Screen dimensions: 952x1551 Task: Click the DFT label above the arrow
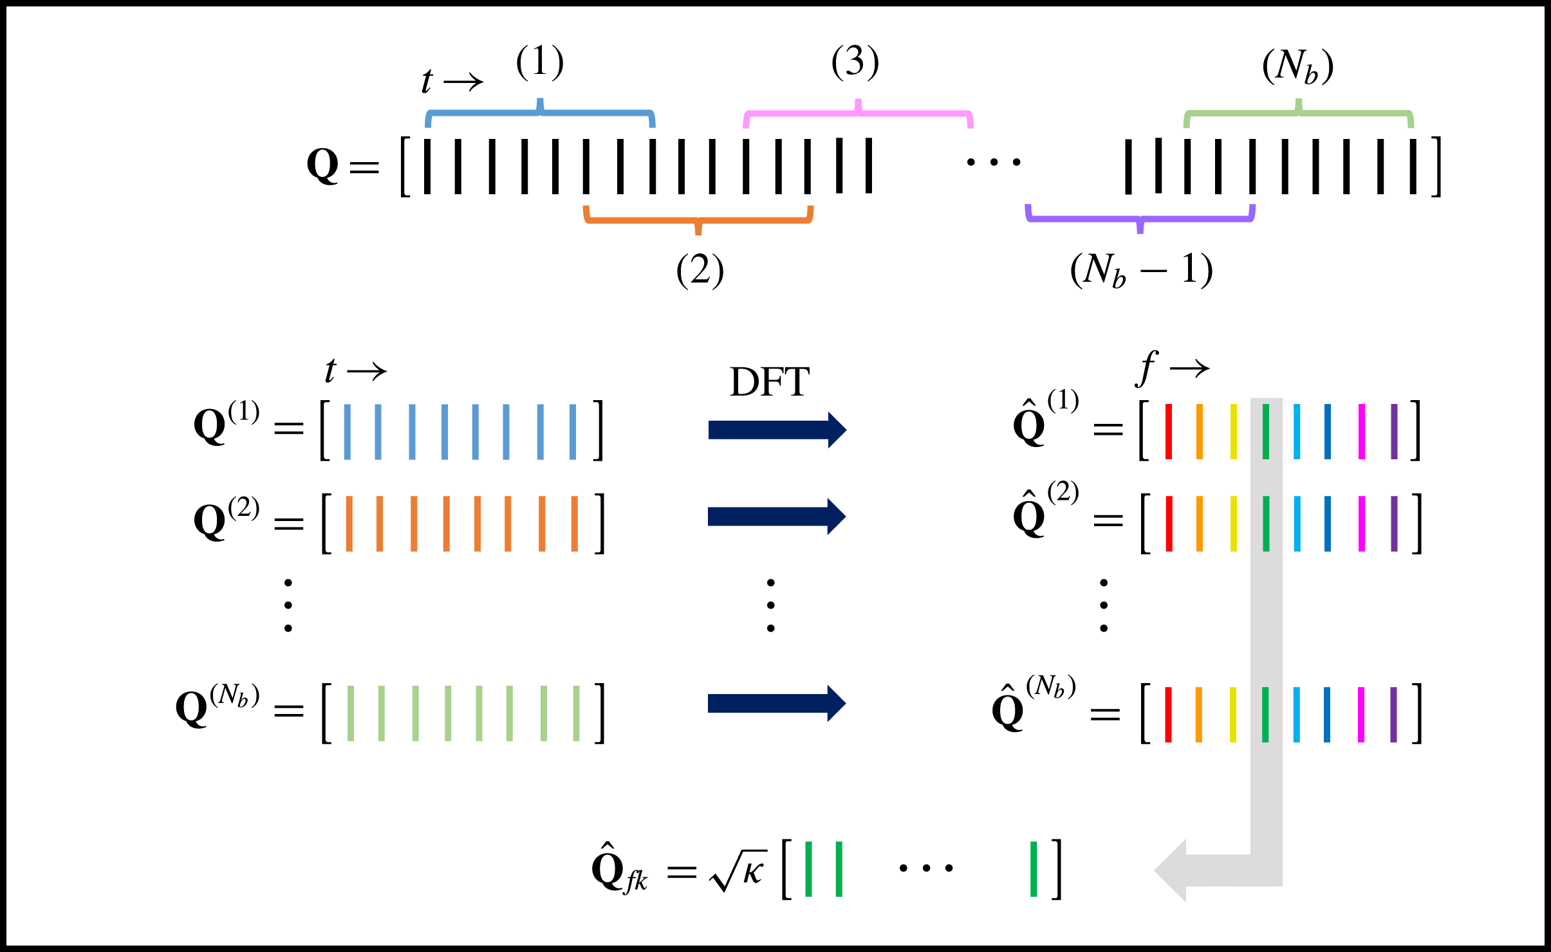click(769, 382)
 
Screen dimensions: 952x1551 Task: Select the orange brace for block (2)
click(698, 220)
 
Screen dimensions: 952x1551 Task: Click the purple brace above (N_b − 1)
click(1140, 219)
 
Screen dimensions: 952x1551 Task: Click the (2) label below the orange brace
click(700, 270)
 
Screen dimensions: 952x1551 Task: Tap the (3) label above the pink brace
click(855, 63)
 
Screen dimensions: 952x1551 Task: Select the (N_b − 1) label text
click(1142, 270)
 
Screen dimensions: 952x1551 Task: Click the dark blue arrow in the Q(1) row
click(777, 430)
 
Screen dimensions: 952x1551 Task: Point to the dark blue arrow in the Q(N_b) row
click(776, 703)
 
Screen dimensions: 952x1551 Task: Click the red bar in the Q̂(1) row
click(1169, 431)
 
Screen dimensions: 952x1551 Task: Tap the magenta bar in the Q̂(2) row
click(1361, 524)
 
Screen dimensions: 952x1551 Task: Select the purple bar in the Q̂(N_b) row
click(1393, 715)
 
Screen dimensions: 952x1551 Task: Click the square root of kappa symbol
click(739, 871)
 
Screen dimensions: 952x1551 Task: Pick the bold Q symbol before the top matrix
click(322, 165)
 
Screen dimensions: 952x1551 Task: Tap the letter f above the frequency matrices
click(1147, 368)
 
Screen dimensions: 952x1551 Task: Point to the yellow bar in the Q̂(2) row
click(1233, 524)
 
